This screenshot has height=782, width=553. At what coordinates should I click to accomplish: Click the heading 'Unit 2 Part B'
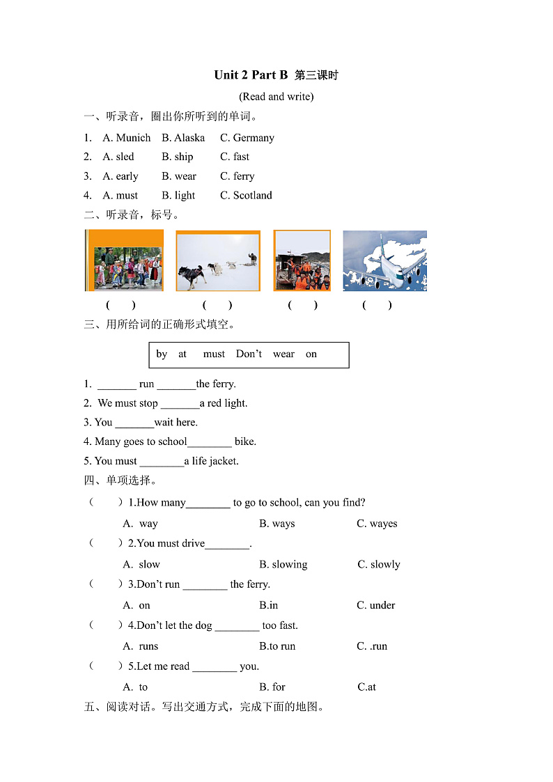pyautogui.click(x=251, y=75)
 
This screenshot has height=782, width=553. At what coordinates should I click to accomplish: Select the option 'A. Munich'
pyautogui.click(x=126, y=138)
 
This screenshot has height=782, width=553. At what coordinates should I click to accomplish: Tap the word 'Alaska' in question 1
pyautogui.click(x=189, y=138)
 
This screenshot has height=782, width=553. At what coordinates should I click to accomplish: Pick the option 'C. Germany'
pyautogui.click(x=247, y=138)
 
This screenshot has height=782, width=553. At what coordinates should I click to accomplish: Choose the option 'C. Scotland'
pyautogui.click(x=246, y=196)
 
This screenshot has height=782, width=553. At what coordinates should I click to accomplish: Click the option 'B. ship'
pyautogui.click(x=178, y=157)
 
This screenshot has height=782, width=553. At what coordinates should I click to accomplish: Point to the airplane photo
pyautogui.click(x=384, y=260)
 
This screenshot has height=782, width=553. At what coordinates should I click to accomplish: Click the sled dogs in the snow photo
pyautogui.click(x=217, y=260)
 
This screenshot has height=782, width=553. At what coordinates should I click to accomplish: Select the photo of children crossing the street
pyautogui.click(x=125, y=260)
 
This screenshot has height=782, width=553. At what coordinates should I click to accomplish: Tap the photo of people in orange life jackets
pyautogui.click(x=302, y=260)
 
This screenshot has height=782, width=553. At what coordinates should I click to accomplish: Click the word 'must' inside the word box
pyautogui.click(x=214, y=354)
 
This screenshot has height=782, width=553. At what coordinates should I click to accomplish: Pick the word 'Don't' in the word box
pyautogui.click(x=249, y=354)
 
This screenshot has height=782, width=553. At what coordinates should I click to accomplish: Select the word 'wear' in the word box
pyautogui.click(x=283, y=354)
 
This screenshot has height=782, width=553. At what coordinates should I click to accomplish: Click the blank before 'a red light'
pyautogui.click(x=180, y=404)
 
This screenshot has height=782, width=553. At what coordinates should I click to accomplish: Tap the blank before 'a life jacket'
pyautogui.click(x=162, y=462)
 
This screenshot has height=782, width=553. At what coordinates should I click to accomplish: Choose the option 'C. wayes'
pyautogui.click(x=377, y=524)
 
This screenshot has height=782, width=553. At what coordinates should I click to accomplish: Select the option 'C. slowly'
pyautogui.click(x=379, y=565)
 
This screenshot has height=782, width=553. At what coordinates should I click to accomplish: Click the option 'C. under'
pyautogui.click(x=376, y=605)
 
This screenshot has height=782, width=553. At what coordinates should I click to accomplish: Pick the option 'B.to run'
pyautogui.click(x=277, y=646)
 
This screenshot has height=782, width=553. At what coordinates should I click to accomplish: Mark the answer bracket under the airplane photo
pyautogui.click(x=377, y=305)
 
